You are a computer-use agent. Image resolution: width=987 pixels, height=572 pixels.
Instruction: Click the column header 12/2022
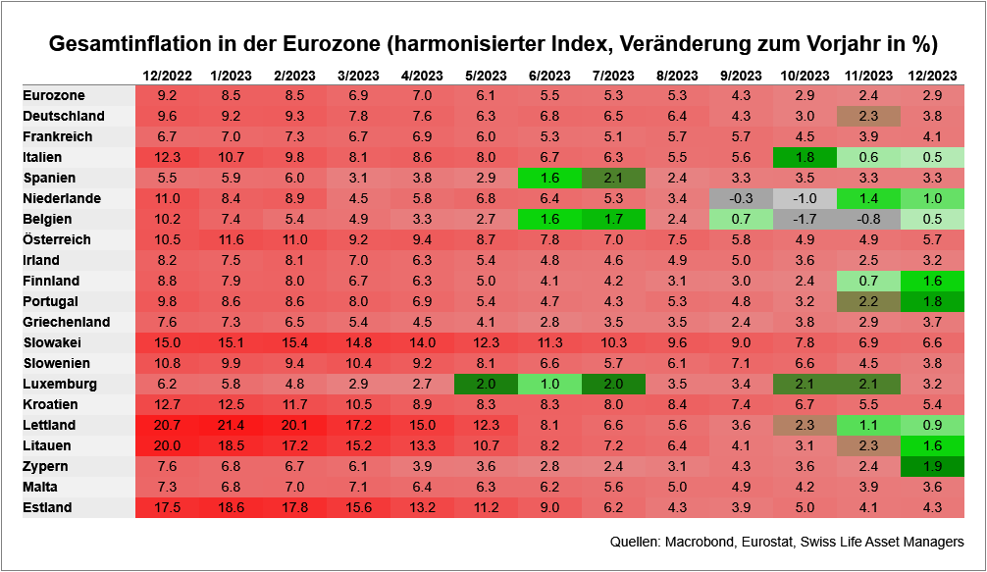click(167, 75)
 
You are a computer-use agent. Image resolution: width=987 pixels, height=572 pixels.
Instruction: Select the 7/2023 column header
click(613, 75)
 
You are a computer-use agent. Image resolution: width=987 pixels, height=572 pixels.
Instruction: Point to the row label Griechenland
click(65, 322)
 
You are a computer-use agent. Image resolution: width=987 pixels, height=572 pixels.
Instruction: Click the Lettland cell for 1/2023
click(231, 425)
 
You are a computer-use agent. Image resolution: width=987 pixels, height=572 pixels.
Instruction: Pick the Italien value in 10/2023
click(805, 157)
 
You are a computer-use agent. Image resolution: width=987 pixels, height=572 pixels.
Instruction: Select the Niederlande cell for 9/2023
click(741, 198)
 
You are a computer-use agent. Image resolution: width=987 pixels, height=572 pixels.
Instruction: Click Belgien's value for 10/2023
click(805, 219)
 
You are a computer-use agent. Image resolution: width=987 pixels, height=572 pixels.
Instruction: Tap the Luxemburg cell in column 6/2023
click(549, 384)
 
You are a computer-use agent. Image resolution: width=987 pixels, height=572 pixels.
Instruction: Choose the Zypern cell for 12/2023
click(932, 466)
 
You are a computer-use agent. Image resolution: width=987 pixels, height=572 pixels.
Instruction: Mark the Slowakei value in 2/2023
click(294, 342)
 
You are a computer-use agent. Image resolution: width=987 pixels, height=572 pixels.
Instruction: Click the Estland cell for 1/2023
click(231, 507)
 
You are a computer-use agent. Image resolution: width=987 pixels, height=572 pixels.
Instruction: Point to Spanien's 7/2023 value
click(613, 178)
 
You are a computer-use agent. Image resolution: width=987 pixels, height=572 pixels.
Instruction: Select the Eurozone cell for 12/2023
click(932, 95)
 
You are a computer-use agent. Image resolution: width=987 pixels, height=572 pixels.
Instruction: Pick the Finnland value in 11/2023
click(868, 281)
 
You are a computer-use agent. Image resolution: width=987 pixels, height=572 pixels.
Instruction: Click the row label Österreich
click(57, 239)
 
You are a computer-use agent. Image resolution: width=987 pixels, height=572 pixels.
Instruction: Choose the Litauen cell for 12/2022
click(167, 445)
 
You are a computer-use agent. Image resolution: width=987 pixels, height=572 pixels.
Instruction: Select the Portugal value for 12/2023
click(932, 301)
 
